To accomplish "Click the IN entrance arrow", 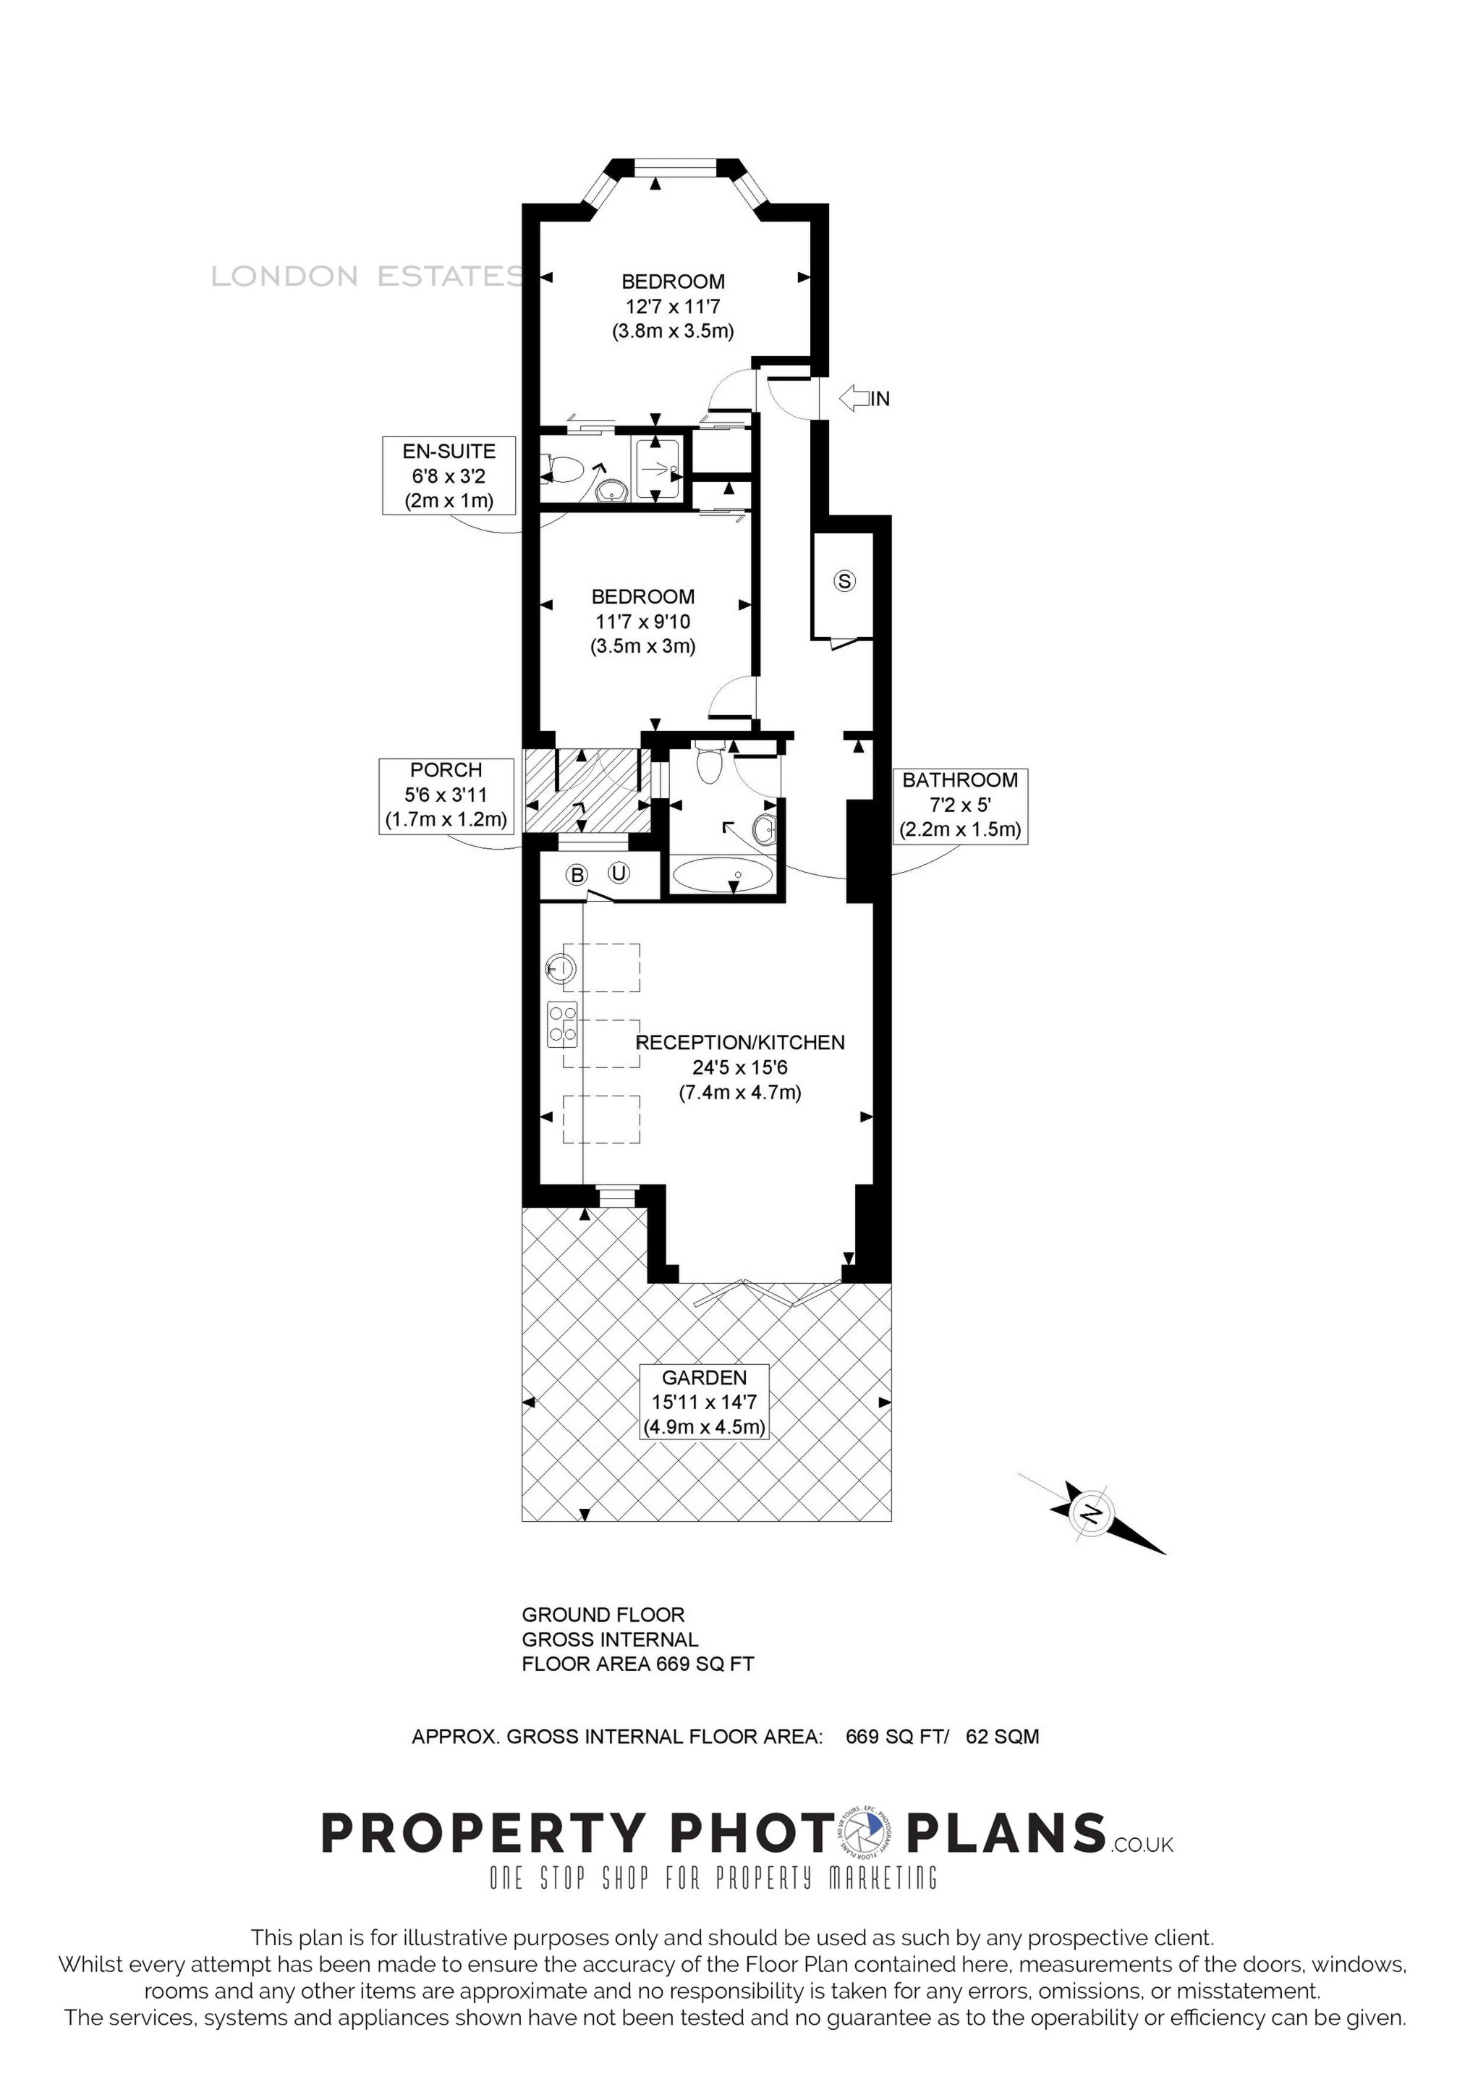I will pyautogui.click(x=854, y=397).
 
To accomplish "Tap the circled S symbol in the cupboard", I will pyautogui.click(x=844, y=581).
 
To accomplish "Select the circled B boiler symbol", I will pyautogui.click(x=577, y=874).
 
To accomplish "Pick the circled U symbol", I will pyautogui.click(x=619, y=873).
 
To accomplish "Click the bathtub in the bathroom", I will pyautogui.click(x=723, y=874).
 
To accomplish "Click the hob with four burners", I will pyautogui.click(x=562, y=1025).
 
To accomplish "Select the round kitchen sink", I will pyautogui.click(x=561, y=968).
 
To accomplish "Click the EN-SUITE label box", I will pyautogui.click(x=449, y=475).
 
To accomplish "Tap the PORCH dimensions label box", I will pyautogui.click(x=446, y=795).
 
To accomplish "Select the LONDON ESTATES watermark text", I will pyautogui.click(x=367, y=276).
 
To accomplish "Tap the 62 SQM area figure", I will pyautogui.click(x=1003, y=1736).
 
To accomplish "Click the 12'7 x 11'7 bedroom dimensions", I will pyautogui.click(x=673, y=306).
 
